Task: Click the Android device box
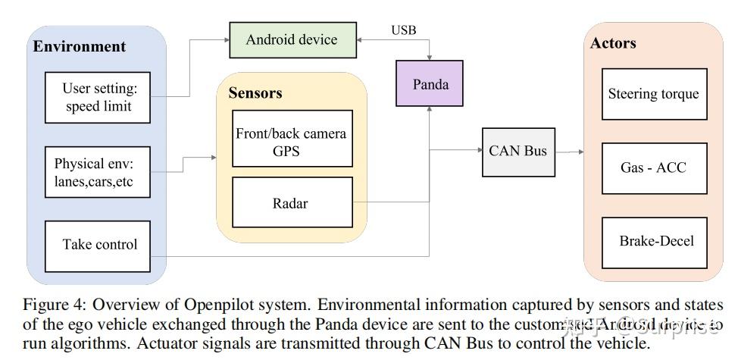292,39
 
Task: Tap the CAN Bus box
518,151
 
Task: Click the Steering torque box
654,94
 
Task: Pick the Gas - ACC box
654,167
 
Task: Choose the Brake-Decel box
654,242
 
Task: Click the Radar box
292,202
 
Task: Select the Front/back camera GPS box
292,142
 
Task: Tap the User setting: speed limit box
99,98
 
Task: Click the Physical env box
99,172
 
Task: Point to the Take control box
99,245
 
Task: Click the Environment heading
79,46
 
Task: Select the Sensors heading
255,93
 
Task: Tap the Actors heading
613,43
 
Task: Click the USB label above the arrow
403,30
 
